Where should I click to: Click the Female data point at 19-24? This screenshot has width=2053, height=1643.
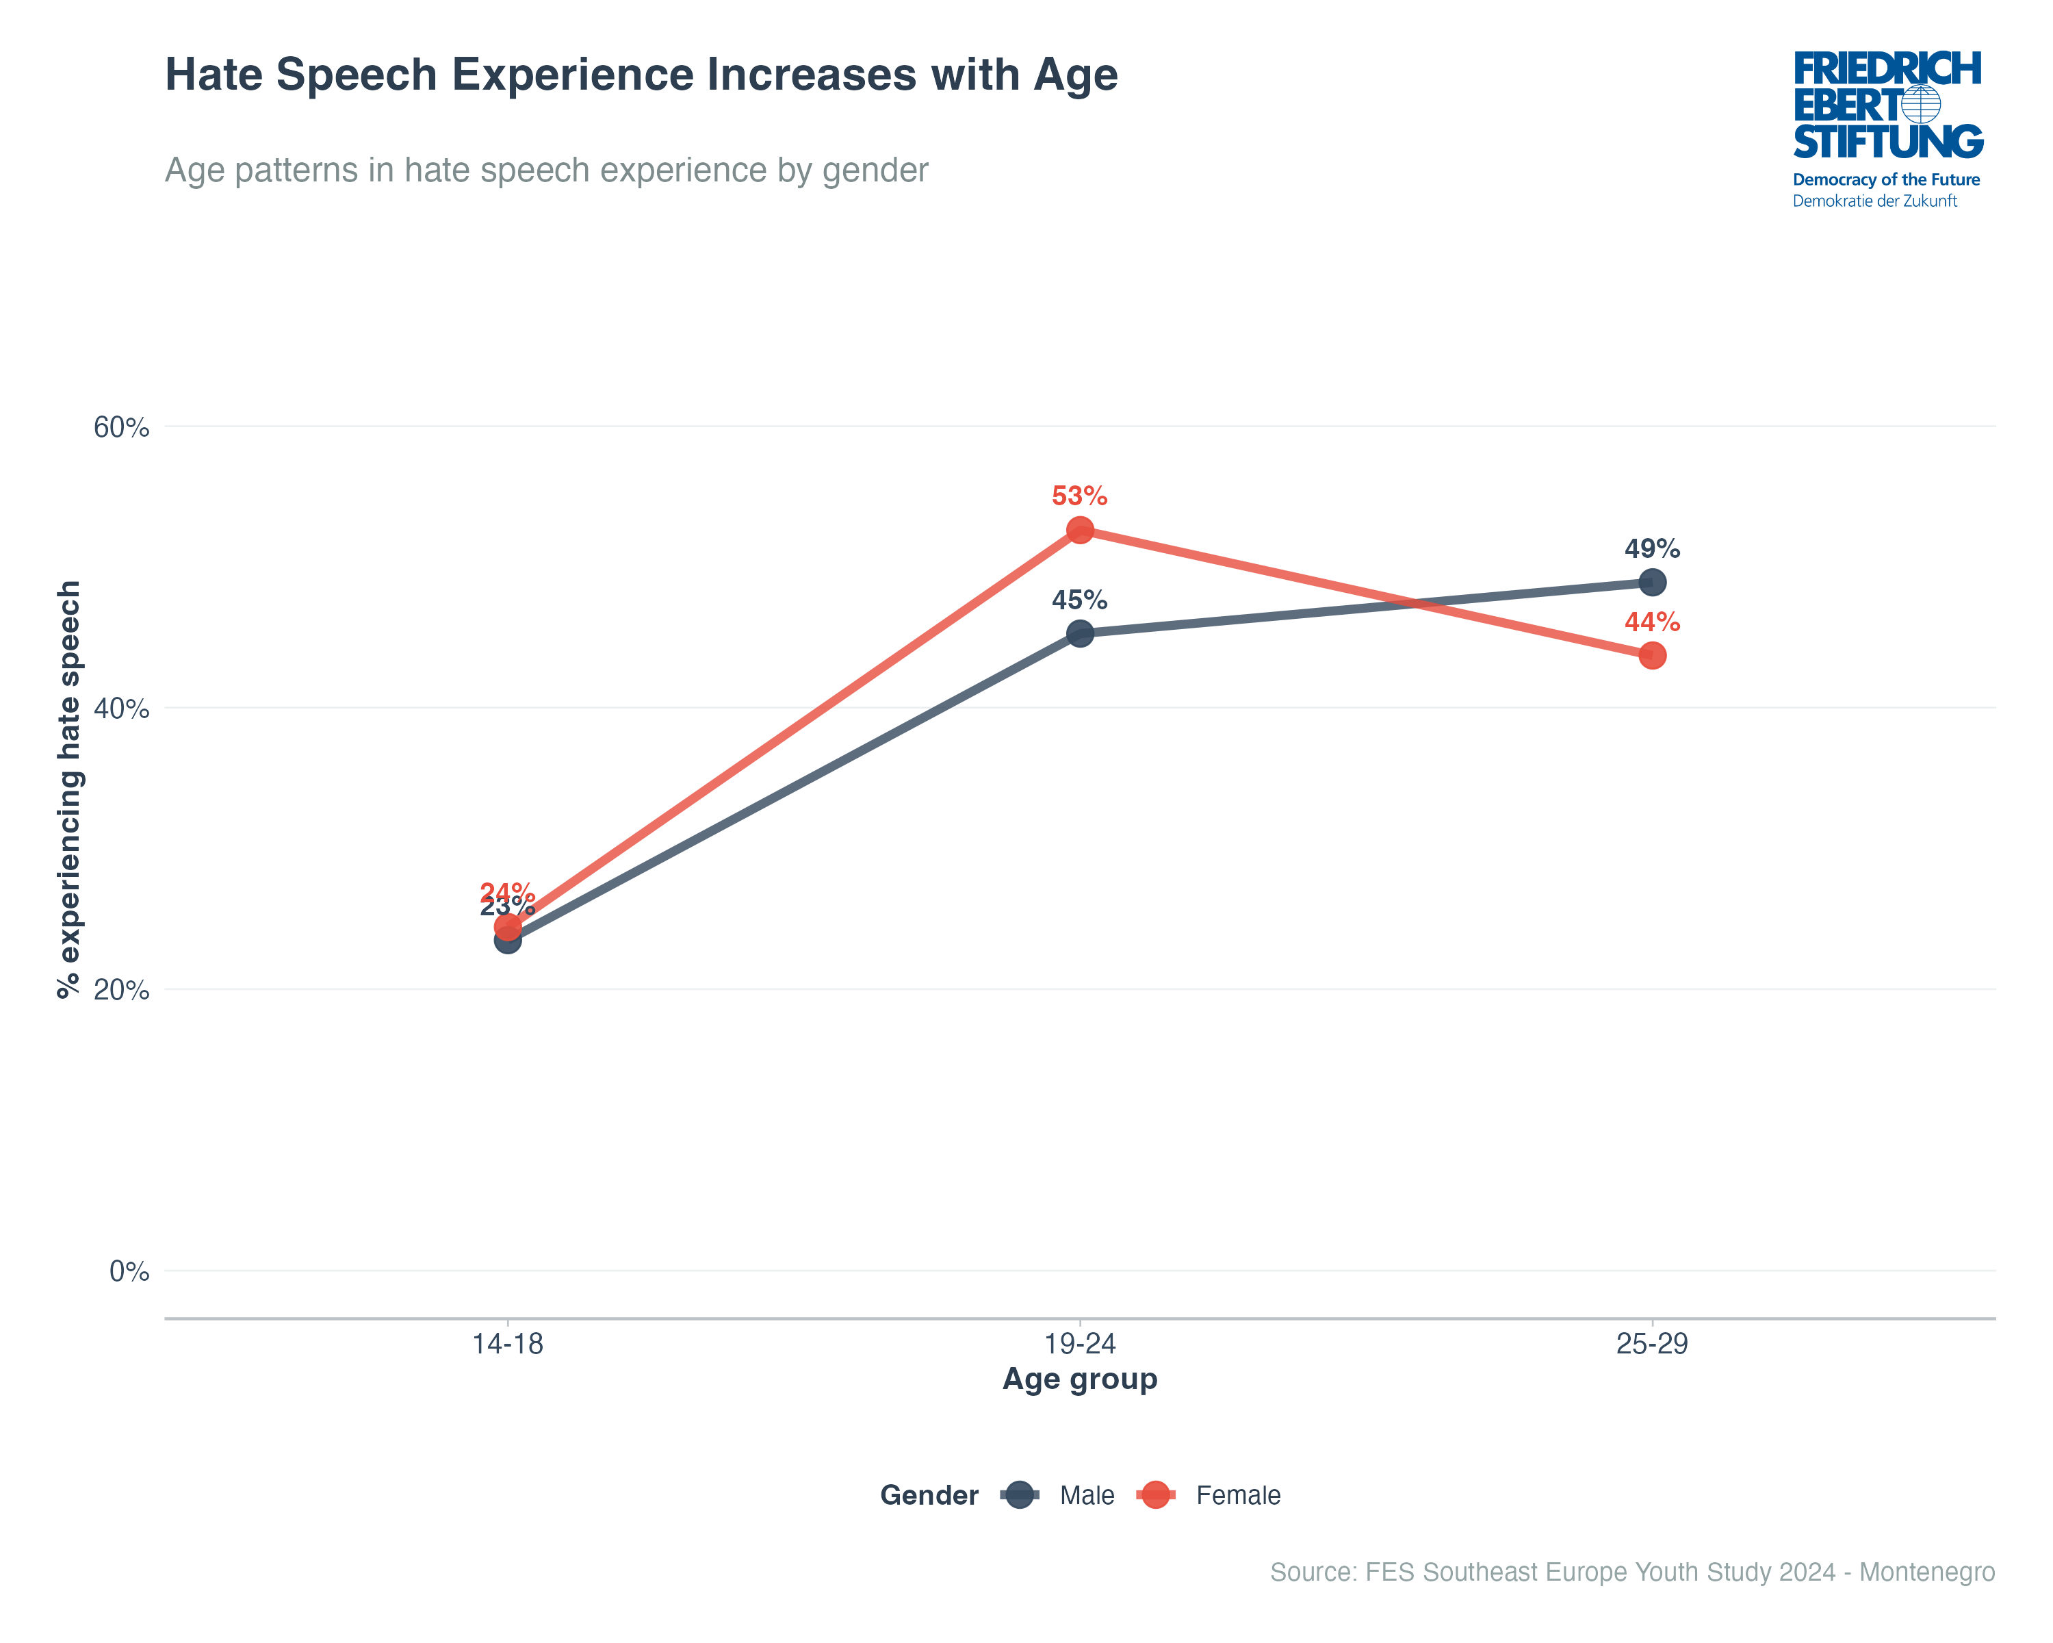point(1080,530)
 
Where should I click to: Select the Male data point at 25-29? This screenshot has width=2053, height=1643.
point(1652,582)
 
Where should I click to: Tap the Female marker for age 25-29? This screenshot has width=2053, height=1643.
point(1652,655)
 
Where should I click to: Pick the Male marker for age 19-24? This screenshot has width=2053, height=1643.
point(1080,633)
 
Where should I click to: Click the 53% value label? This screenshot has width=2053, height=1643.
point(1079,496)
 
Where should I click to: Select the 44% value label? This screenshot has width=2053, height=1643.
point(1652,622)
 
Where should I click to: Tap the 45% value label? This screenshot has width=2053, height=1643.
point(1079,600)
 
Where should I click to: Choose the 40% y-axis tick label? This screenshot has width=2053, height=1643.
point(121,709)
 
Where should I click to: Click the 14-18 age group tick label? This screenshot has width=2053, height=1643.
point(508,1344)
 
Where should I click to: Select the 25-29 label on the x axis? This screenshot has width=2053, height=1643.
point(1652,1344)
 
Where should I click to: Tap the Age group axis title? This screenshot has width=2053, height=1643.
point(1080,1379)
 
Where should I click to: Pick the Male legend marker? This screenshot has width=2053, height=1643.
point(1020,1495)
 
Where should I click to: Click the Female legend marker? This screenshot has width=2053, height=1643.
point(1156,1495)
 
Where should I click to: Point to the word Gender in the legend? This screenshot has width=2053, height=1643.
point(929,1495)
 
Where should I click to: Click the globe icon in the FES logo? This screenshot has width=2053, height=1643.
point(1921,105)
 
